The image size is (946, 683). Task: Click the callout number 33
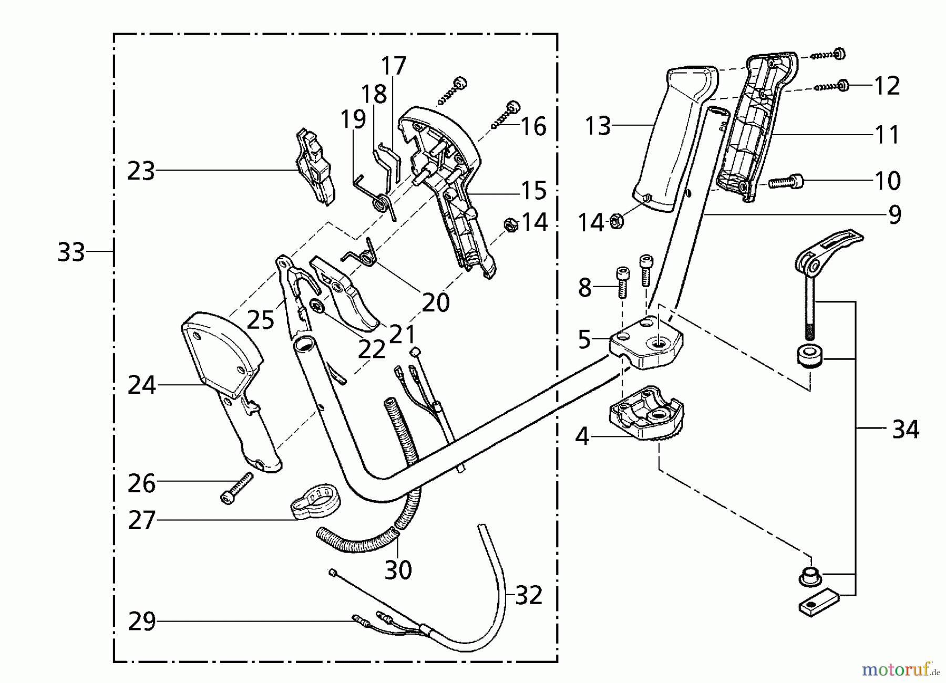click(71, 252)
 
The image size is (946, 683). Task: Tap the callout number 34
click(906, 430)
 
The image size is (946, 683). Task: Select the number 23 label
click(141, 171)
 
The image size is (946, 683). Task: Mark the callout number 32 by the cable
click(528, 596)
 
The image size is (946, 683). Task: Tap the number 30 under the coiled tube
click(398, 570)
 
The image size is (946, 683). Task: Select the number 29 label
click(142, 621)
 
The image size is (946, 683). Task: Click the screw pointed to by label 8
click(622, 282)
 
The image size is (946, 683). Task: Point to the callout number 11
click(887, 135)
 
